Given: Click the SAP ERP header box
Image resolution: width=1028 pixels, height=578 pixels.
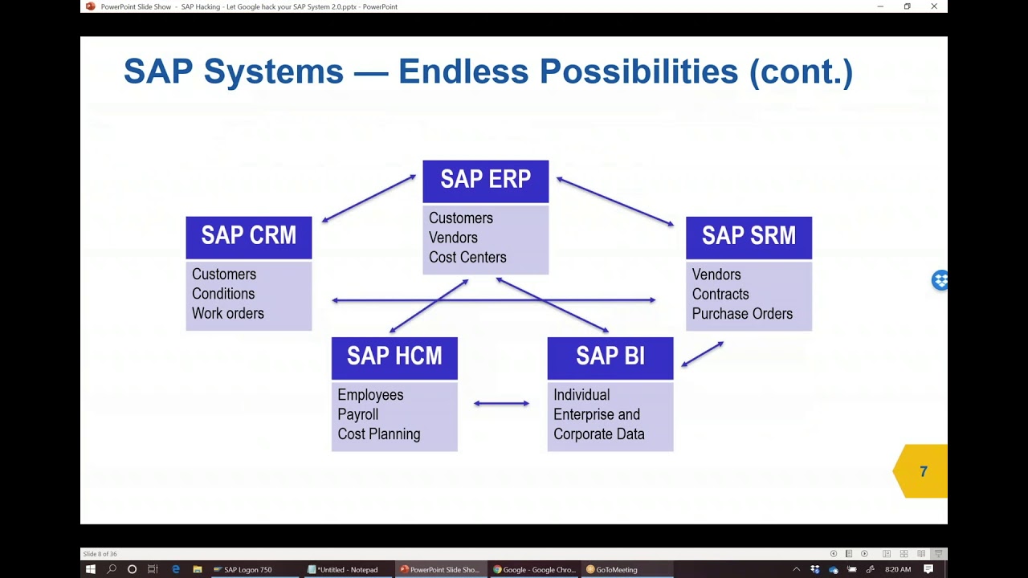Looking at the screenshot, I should tap(485, 181).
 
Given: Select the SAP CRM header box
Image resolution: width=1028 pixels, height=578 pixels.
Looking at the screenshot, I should tap(248, 237).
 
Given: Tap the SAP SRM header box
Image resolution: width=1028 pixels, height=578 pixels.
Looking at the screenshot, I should tap(749, 237).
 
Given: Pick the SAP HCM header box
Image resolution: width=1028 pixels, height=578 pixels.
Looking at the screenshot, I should tap(394, 357).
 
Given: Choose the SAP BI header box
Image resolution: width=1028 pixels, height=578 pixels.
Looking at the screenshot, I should tap(610, 357).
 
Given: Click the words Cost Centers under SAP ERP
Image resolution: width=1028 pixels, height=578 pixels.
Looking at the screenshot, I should tap(467, 258).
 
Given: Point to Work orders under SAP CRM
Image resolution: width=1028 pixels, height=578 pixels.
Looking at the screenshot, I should tap(227, 314).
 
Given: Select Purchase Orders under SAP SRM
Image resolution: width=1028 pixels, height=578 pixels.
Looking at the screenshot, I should tap(742, 314).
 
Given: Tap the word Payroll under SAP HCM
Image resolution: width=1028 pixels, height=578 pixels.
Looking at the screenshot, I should tap(357, 415).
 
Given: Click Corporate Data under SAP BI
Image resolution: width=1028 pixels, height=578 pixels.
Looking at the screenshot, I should tap(598, 434).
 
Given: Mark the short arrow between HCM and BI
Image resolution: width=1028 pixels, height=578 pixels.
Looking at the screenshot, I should tap(501, 403).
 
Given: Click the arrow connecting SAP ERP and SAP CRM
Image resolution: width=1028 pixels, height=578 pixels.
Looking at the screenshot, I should tap(369, 198).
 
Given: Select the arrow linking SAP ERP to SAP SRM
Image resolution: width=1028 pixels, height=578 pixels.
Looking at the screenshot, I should tap(615, 201).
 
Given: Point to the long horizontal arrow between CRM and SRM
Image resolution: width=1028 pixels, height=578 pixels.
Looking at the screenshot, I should tap(493, 300).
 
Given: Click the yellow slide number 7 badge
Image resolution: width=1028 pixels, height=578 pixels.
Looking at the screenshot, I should tap(923, 471).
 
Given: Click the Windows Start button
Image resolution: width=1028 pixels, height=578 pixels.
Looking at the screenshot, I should tap(91, 569).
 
